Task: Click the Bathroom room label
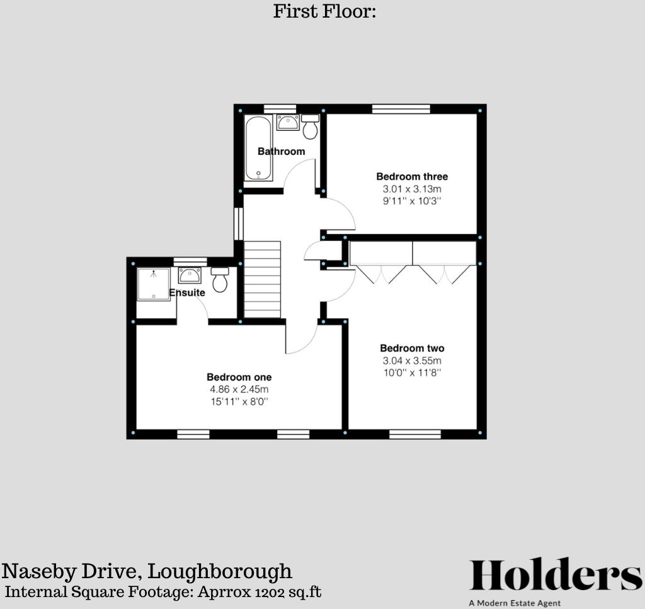click(x=281, y=151)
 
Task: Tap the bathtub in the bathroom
click(x=258, y=148)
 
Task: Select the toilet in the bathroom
click(x=310, y=127)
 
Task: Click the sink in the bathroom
click(x=287, y=122)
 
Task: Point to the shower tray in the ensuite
click(x=153, y=284)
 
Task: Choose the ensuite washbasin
click(x=190, y=275)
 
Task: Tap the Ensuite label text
click(x=187, y=293)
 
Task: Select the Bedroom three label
click(x=412, y=176)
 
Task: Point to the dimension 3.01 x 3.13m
click(x=412, y=189)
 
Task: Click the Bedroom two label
click(x=412, y=348)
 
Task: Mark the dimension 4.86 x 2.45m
click(x=239, y=389)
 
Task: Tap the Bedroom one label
click(x=239, y=377)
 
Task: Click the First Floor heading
click(x=324, y=11)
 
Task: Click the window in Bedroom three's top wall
click(x=401, y=109)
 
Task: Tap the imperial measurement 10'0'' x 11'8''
click(x=412, y=373)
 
